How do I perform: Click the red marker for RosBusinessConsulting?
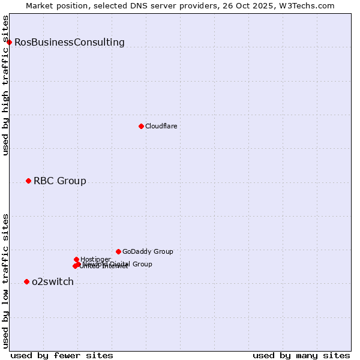tap(9, 42)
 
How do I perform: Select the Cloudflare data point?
tap(141, 126)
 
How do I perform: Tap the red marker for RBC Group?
tap(28, 181)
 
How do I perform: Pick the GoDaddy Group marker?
tap(118, 251)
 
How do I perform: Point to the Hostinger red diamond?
tap(76, 259)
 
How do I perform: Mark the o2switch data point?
tap(26, 281)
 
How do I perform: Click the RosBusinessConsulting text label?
tap(70, 42)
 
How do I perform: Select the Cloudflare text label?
tap(161, 126)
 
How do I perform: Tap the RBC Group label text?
tap(60, 181)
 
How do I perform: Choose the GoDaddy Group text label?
tap(148, 251)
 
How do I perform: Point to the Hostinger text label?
tap(95, 259)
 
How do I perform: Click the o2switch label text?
tap(53, 281)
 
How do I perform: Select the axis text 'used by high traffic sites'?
tap(6, 85)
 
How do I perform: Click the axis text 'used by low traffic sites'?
tap(6, 280)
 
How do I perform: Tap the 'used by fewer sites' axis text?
tap(62, 355)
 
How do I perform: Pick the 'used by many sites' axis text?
tap(301, 355)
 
